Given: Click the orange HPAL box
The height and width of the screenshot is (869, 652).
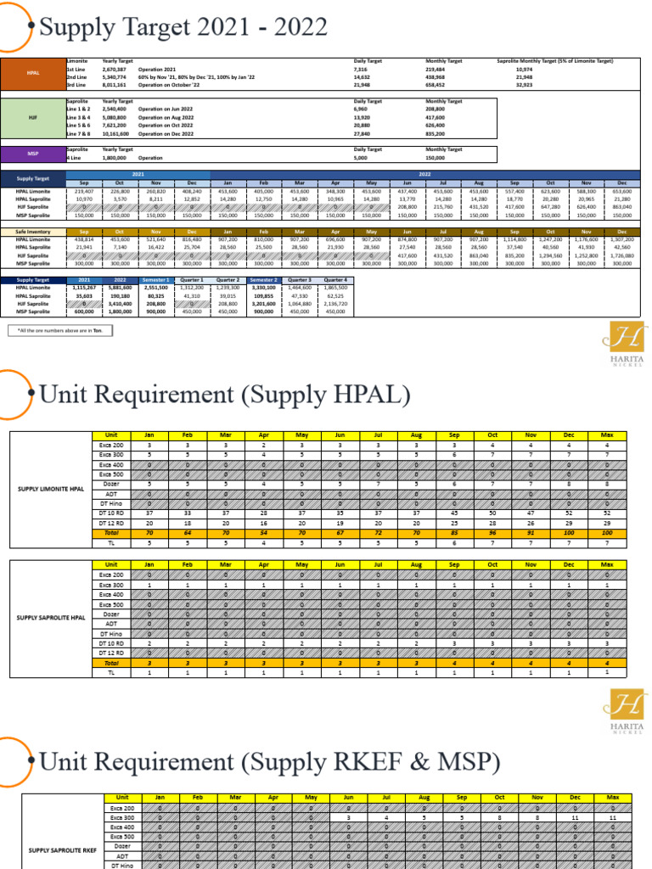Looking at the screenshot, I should click(32, 73).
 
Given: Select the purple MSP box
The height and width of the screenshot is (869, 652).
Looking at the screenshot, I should click(32, 154).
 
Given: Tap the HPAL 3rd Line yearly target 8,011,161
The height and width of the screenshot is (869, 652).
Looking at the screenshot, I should click(115, 85).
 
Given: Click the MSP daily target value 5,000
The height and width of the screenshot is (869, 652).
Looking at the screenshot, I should click(362, 157).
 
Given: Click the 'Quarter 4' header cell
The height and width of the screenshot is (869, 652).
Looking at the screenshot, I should click(336, 279).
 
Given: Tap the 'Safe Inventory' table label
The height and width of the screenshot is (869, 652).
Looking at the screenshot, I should click(32, 232).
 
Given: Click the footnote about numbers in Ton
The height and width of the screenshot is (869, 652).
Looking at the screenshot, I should click(59, 330).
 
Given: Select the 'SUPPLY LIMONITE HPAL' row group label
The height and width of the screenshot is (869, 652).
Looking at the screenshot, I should click(50, 490).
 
